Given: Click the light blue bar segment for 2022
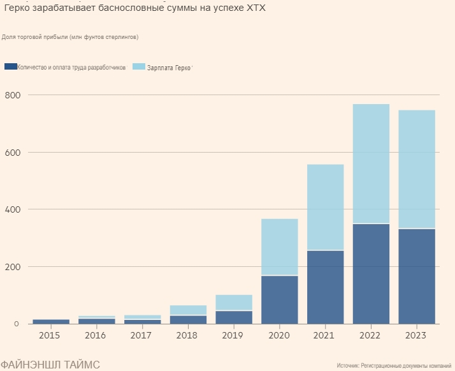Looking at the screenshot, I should point(371,163).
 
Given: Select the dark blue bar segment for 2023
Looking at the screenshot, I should point(417,276).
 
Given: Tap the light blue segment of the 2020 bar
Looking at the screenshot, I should point(279,246).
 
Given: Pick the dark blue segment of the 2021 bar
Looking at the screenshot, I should point(325,287).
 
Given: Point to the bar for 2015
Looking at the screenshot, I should point(51,321).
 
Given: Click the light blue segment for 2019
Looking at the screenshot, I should point(234,302).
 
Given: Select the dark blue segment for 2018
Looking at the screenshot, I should point(188,319).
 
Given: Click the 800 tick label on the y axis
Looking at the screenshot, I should point(13,95).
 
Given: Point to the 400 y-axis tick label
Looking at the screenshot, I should point(13,209).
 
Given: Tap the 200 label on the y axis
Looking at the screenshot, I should point(13,267).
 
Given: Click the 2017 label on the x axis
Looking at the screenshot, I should point(142,335).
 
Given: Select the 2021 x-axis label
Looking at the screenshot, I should point(325,335).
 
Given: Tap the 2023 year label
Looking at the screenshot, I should point(417,335).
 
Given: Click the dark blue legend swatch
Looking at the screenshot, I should point(10,66).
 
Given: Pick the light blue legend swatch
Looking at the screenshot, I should point(139,66).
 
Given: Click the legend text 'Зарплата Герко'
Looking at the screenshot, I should point(169,67).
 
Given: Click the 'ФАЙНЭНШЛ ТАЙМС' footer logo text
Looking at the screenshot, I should point(50,364).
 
